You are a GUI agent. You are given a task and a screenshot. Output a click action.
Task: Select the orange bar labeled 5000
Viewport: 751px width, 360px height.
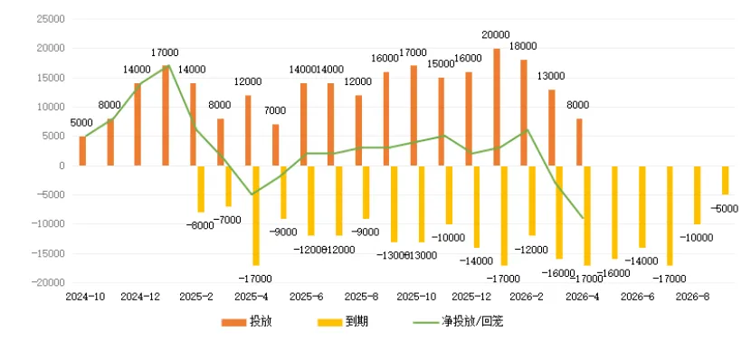pyautogui.click(x=82, y=151)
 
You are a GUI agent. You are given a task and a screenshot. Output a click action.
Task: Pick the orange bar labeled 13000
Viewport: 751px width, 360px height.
pyautogui.click(x=551, y=128)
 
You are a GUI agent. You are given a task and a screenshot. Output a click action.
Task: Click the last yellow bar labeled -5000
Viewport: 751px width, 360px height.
pyautogui.click(x=725, y=180)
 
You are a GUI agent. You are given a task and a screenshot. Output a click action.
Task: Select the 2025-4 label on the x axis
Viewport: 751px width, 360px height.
pyautogui.click(x=249, y=296)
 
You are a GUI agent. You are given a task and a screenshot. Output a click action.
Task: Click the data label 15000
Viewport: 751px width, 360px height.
pyautogui.click(x=441, y=64)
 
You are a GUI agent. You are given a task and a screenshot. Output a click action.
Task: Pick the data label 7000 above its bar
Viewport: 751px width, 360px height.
pyautogui.click(x=275, y=110)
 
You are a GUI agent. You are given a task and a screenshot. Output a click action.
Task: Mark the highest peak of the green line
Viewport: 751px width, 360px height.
pyautogui.click(x=166, y=65)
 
